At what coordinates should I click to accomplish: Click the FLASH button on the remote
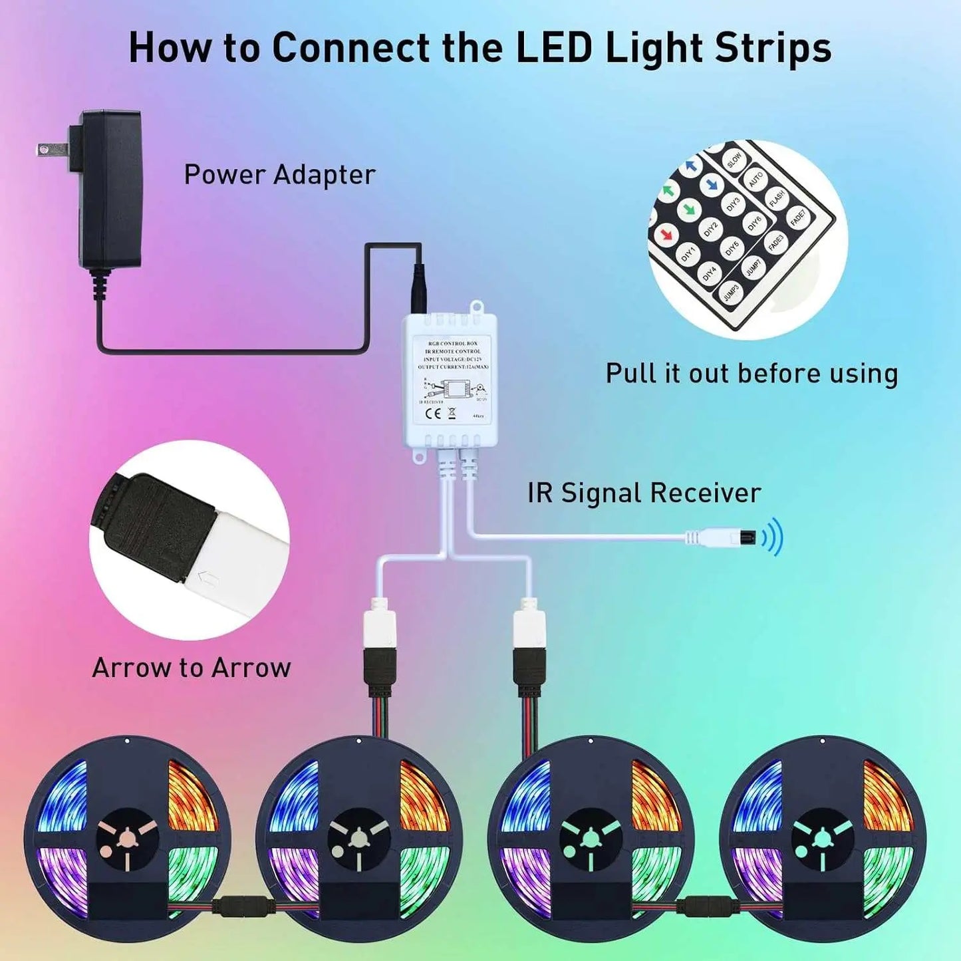click(777, 198)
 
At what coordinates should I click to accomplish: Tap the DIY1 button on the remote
click(688, 253)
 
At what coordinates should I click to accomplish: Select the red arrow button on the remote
click(665, 234)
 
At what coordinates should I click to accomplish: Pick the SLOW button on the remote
click(734, 160)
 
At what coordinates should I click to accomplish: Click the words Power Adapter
click(279, 175)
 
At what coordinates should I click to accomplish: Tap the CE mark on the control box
click(432, 413)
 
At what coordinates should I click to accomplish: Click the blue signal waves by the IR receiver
click(773, 536)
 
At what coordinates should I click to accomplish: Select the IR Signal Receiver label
click(644, 493)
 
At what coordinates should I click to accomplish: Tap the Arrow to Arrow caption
click(192, 668)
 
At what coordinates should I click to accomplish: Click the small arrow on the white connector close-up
click(209, 579)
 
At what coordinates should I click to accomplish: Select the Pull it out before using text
click(752, 374)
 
